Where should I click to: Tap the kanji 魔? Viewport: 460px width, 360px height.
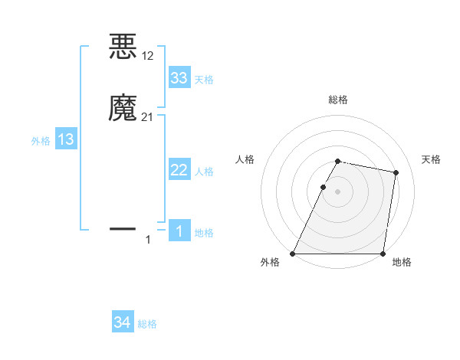click(123, 108)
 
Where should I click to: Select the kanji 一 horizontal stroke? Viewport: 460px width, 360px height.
click(123, 228)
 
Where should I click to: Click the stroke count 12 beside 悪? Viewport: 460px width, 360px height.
click(148, 55)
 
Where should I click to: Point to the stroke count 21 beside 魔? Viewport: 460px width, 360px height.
click(148, 116)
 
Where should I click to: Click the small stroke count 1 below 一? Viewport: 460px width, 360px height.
click(148, 241)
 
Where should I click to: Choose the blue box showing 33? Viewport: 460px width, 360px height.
click(179, 78)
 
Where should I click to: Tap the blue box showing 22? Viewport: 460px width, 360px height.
click(179, 170)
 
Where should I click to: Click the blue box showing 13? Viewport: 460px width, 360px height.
click(66, 139)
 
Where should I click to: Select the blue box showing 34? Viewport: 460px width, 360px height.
click(123, 323)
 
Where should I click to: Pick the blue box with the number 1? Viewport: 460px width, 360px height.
click(179, 231)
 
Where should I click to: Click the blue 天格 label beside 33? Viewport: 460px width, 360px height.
click(204, 80)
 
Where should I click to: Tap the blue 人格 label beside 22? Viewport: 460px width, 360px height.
click(204, 172)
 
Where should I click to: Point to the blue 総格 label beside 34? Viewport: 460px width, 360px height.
click(147, 325)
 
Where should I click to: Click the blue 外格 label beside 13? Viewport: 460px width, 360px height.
click(41, 141)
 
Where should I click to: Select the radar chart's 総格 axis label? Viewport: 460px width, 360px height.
click(338, 100)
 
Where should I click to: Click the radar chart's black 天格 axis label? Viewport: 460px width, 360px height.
click(432, 159)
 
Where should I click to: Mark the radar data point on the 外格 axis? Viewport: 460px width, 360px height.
click(293, 254)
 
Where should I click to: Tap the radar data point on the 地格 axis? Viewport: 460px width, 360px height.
click(383, 254)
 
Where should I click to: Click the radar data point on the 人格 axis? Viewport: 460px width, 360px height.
click(323, 187)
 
